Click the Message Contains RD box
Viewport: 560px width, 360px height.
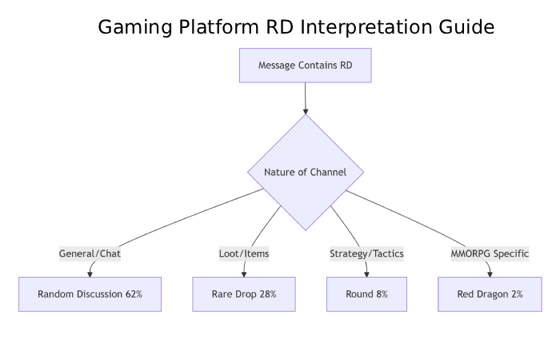(x=306, y=65)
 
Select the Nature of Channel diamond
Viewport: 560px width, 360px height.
(x=306, y=172)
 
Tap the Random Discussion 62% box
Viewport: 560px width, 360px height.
(x=90, y=294)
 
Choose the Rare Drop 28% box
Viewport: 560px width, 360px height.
(x=244, y=294)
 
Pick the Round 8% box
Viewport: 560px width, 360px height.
(x=366, y=294)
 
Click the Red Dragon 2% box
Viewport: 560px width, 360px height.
(x=490, y=294)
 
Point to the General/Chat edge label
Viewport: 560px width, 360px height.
(x=90, y=254)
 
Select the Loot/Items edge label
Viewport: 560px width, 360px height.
(x=244, y=254)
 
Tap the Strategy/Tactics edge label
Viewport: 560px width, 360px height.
(x=366, y=254)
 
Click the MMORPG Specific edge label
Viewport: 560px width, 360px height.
(x=490, y=254)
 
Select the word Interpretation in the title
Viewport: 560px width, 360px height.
(x=368, y=27)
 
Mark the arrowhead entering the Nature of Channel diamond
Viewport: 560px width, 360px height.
(x=306, y=110)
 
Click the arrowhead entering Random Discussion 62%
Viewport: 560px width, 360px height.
(x=90, y=274)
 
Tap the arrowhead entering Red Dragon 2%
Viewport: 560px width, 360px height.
(x=490, y=274)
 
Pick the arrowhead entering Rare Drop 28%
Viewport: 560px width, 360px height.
(x=244, y=274)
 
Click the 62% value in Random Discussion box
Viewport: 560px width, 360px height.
(x=134, y=294)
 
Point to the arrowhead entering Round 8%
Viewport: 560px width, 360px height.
(x=366, y=274)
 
